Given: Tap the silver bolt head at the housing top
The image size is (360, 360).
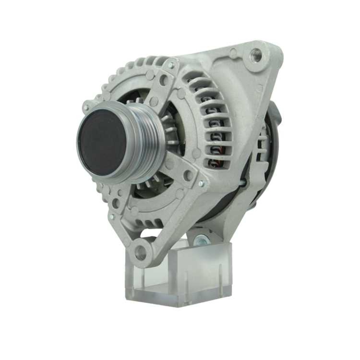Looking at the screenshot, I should coord(171,65).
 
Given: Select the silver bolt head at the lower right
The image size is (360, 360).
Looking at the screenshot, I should coord(201,184).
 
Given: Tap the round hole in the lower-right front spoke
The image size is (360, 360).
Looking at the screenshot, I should coord(187,175).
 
